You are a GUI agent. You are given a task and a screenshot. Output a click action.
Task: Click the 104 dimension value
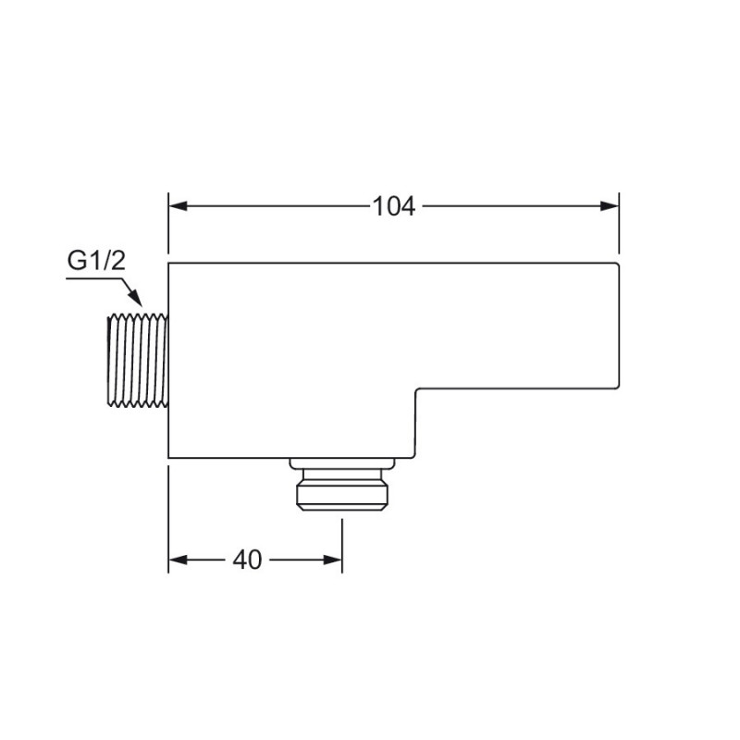click(x=394, y=206)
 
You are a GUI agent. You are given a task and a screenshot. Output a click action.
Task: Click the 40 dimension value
click(x=247, y=561)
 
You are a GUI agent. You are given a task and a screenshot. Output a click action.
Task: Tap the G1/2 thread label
click(x=96, y=260)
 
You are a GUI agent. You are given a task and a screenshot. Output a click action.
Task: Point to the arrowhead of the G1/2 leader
click(x=134, y=298)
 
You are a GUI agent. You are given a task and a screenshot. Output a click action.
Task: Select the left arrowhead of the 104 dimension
click(x=178, y=206)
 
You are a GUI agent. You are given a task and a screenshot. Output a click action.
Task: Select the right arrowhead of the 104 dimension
click(x=610, y=206)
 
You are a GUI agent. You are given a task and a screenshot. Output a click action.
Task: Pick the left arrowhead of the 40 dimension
click(x=178, y=561)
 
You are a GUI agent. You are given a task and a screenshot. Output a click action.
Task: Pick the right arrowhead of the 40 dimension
click(x=333, y=561)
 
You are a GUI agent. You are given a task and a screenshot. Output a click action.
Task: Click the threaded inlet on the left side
click(x=138, y=360)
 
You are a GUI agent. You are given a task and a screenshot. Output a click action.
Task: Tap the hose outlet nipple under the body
click(x=342, y=490)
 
